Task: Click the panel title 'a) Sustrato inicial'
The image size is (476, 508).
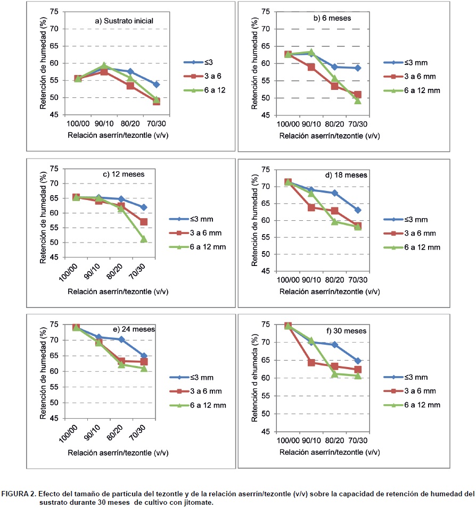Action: point(124,21)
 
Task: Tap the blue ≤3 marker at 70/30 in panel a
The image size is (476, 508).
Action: point(156,85)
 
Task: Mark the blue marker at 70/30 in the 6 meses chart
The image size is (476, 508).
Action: point(358,68)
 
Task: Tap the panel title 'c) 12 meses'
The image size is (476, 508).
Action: point(124,174)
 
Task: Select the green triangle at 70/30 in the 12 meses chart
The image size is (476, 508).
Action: point(144,239)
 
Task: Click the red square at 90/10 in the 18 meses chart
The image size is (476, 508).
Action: point(311,207)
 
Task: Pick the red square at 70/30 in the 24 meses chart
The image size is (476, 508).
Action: point(144,362)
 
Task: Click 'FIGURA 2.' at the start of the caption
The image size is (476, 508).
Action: point(18,494)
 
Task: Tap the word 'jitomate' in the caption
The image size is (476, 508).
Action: point(198,502)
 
